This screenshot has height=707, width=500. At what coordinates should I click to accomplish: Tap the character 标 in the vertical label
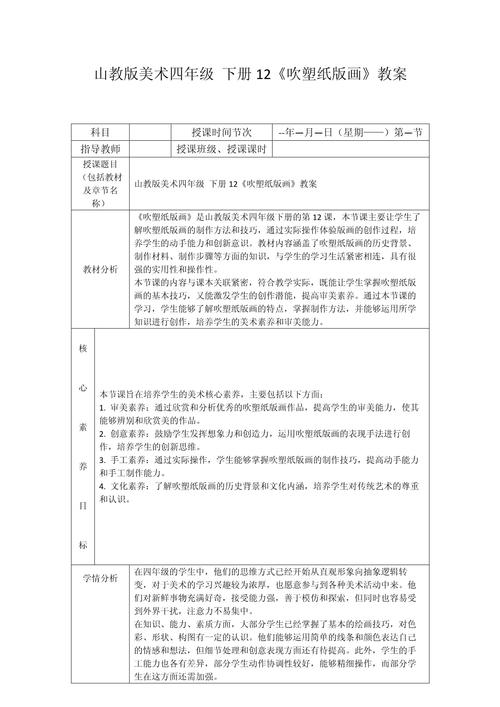point(82,545)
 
